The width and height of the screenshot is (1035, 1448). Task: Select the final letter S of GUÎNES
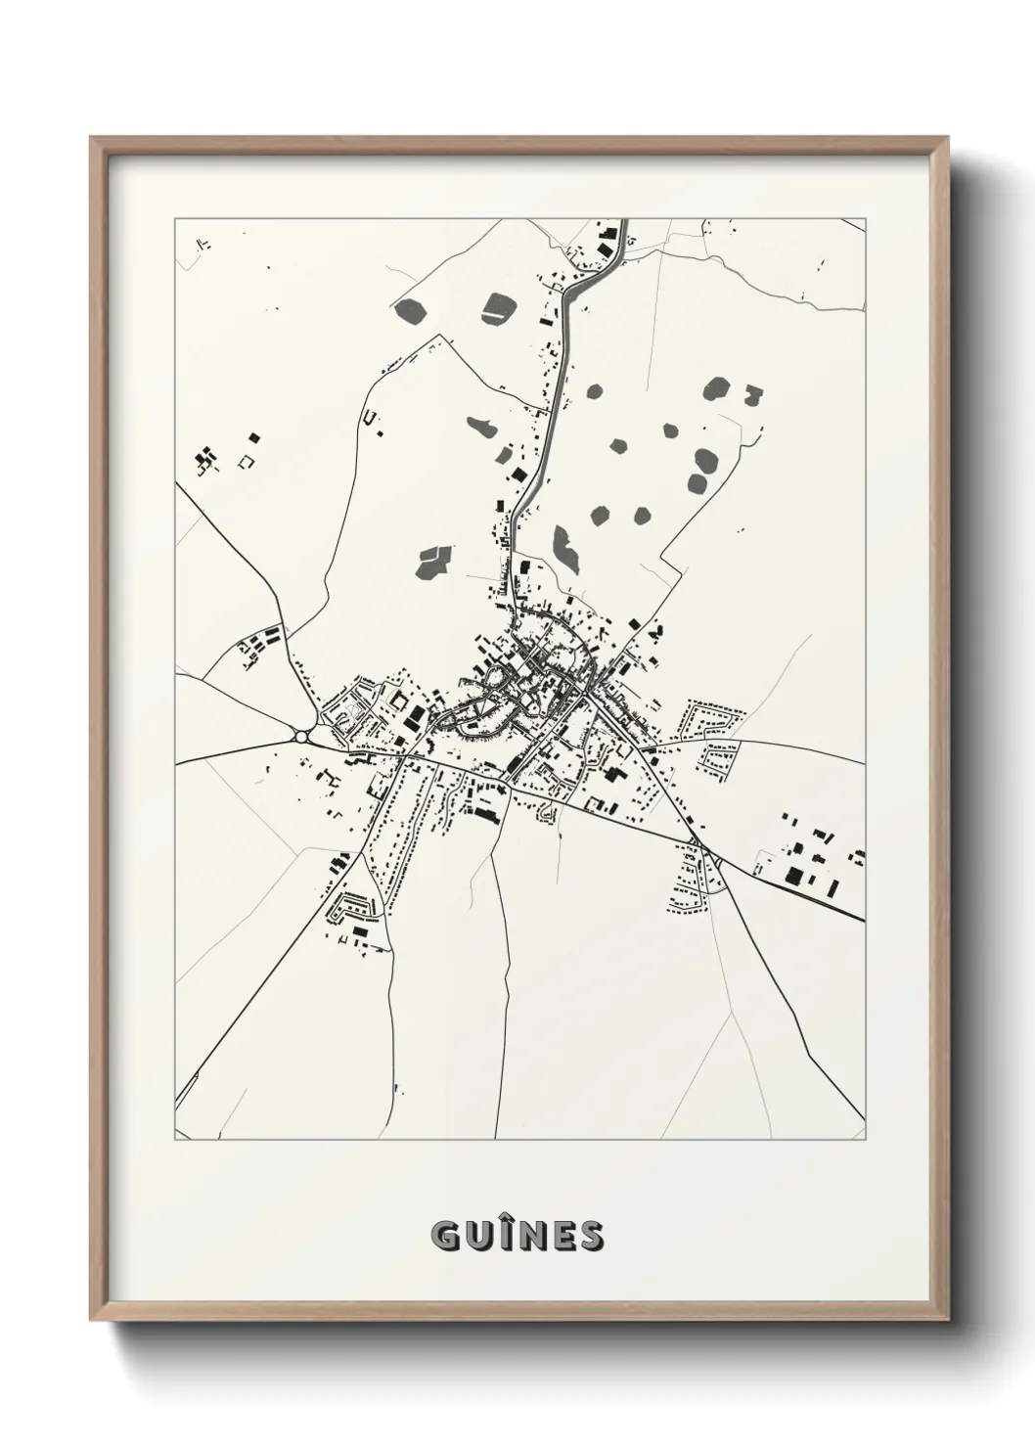(x=590, y=1237)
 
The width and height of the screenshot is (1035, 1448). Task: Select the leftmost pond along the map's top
(x=410, y=309)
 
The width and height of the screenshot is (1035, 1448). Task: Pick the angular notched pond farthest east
(x=752, y=396)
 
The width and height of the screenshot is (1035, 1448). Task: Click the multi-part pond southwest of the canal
(x=432, y=561)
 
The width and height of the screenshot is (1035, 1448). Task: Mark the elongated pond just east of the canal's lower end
(x=564, y=548)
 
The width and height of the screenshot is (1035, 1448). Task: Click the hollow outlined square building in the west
(x=247, y=460)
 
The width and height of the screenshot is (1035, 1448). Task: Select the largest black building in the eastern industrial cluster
(x=796, y=874)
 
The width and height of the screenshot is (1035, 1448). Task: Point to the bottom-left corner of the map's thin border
(x=175, y=1139)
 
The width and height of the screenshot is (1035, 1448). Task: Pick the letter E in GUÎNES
(x=562, y=1237)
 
